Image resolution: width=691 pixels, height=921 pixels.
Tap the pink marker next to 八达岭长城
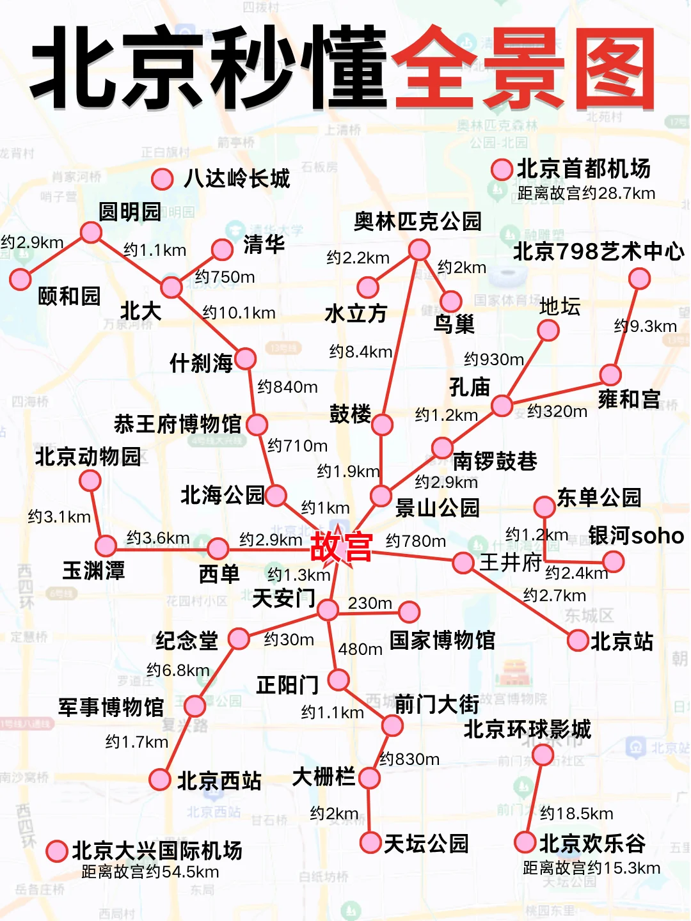click(x=163, y=179)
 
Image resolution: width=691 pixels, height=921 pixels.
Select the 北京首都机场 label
click(x=584, y=169)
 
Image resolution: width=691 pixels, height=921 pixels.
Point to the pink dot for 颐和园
click(x=20, y=279)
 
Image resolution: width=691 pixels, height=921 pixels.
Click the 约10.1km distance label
click(x=239, y=313)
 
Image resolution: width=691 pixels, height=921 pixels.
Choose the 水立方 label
click(x=356, y=313)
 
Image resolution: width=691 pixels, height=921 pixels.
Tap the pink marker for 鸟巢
click(x=450, y=301)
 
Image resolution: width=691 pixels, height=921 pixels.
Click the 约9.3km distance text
click(x=645, y=326)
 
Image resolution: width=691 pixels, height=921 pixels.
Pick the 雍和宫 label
click(x=629, y=399)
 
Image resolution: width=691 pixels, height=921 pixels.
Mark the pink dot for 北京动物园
click(x=90, y=480)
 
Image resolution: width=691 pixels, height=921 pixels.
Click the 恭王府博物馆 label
click(x=177, y=424)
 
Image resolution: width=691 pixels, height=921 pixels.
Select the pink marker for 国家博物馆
click(x=409, y=612)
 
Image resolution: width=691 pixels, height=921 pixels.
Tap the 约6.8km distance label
click(x=178, y=670)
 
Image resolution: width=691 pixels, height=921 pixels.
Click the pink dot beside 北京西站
click(x=159, y=780)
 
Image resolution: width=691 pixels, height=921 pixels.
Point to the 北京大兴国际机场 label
click(x=157, y=851)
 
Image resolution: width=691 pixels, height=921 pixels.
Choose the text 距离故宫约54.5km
click(x=150, y=872)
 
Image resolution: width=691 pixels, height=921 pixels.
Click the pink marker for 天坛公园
click(x=370, y=842)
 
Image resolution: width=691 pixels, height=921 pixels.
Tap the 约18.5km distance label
click(x=576, y=814)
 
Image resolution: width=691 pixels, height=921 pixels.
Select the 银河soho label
click(x=636, y=536)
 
